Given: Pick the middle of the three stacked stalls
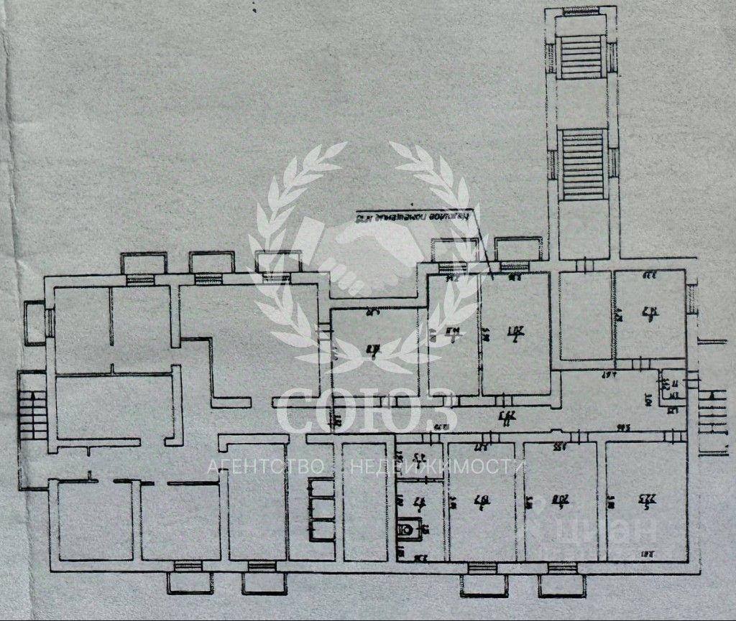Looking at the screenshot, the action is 321,509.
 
